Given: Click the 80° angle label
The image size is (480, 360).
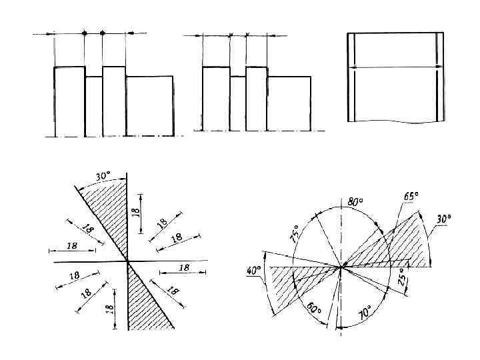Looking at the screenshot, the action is click(x=355, y=201).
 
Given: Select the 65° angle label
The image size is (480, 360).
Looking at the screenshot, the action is click(x=411, y=197).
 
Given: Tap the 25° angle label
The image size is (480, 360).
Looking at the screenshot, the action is click(x=401, y=277).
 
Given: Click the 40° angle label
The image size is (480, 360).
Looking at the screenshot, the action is click(x=253, y=271).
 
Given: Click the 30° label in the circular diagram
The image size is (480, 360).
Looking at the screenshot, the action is click(x=443, y=218).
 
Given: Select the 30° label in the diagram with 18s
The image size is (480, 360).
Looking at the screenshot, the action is click(x=103, y=177).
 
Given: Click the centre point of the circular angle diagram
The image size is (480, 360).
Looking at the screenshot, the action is click(x=342, y=267).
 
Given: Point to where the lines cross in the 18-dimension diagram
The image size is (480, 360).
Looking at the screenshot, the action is click(x=127, y=262).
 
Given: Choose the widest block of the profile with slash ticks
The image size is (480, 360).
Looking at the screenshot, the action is click(x=289, y=104).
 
